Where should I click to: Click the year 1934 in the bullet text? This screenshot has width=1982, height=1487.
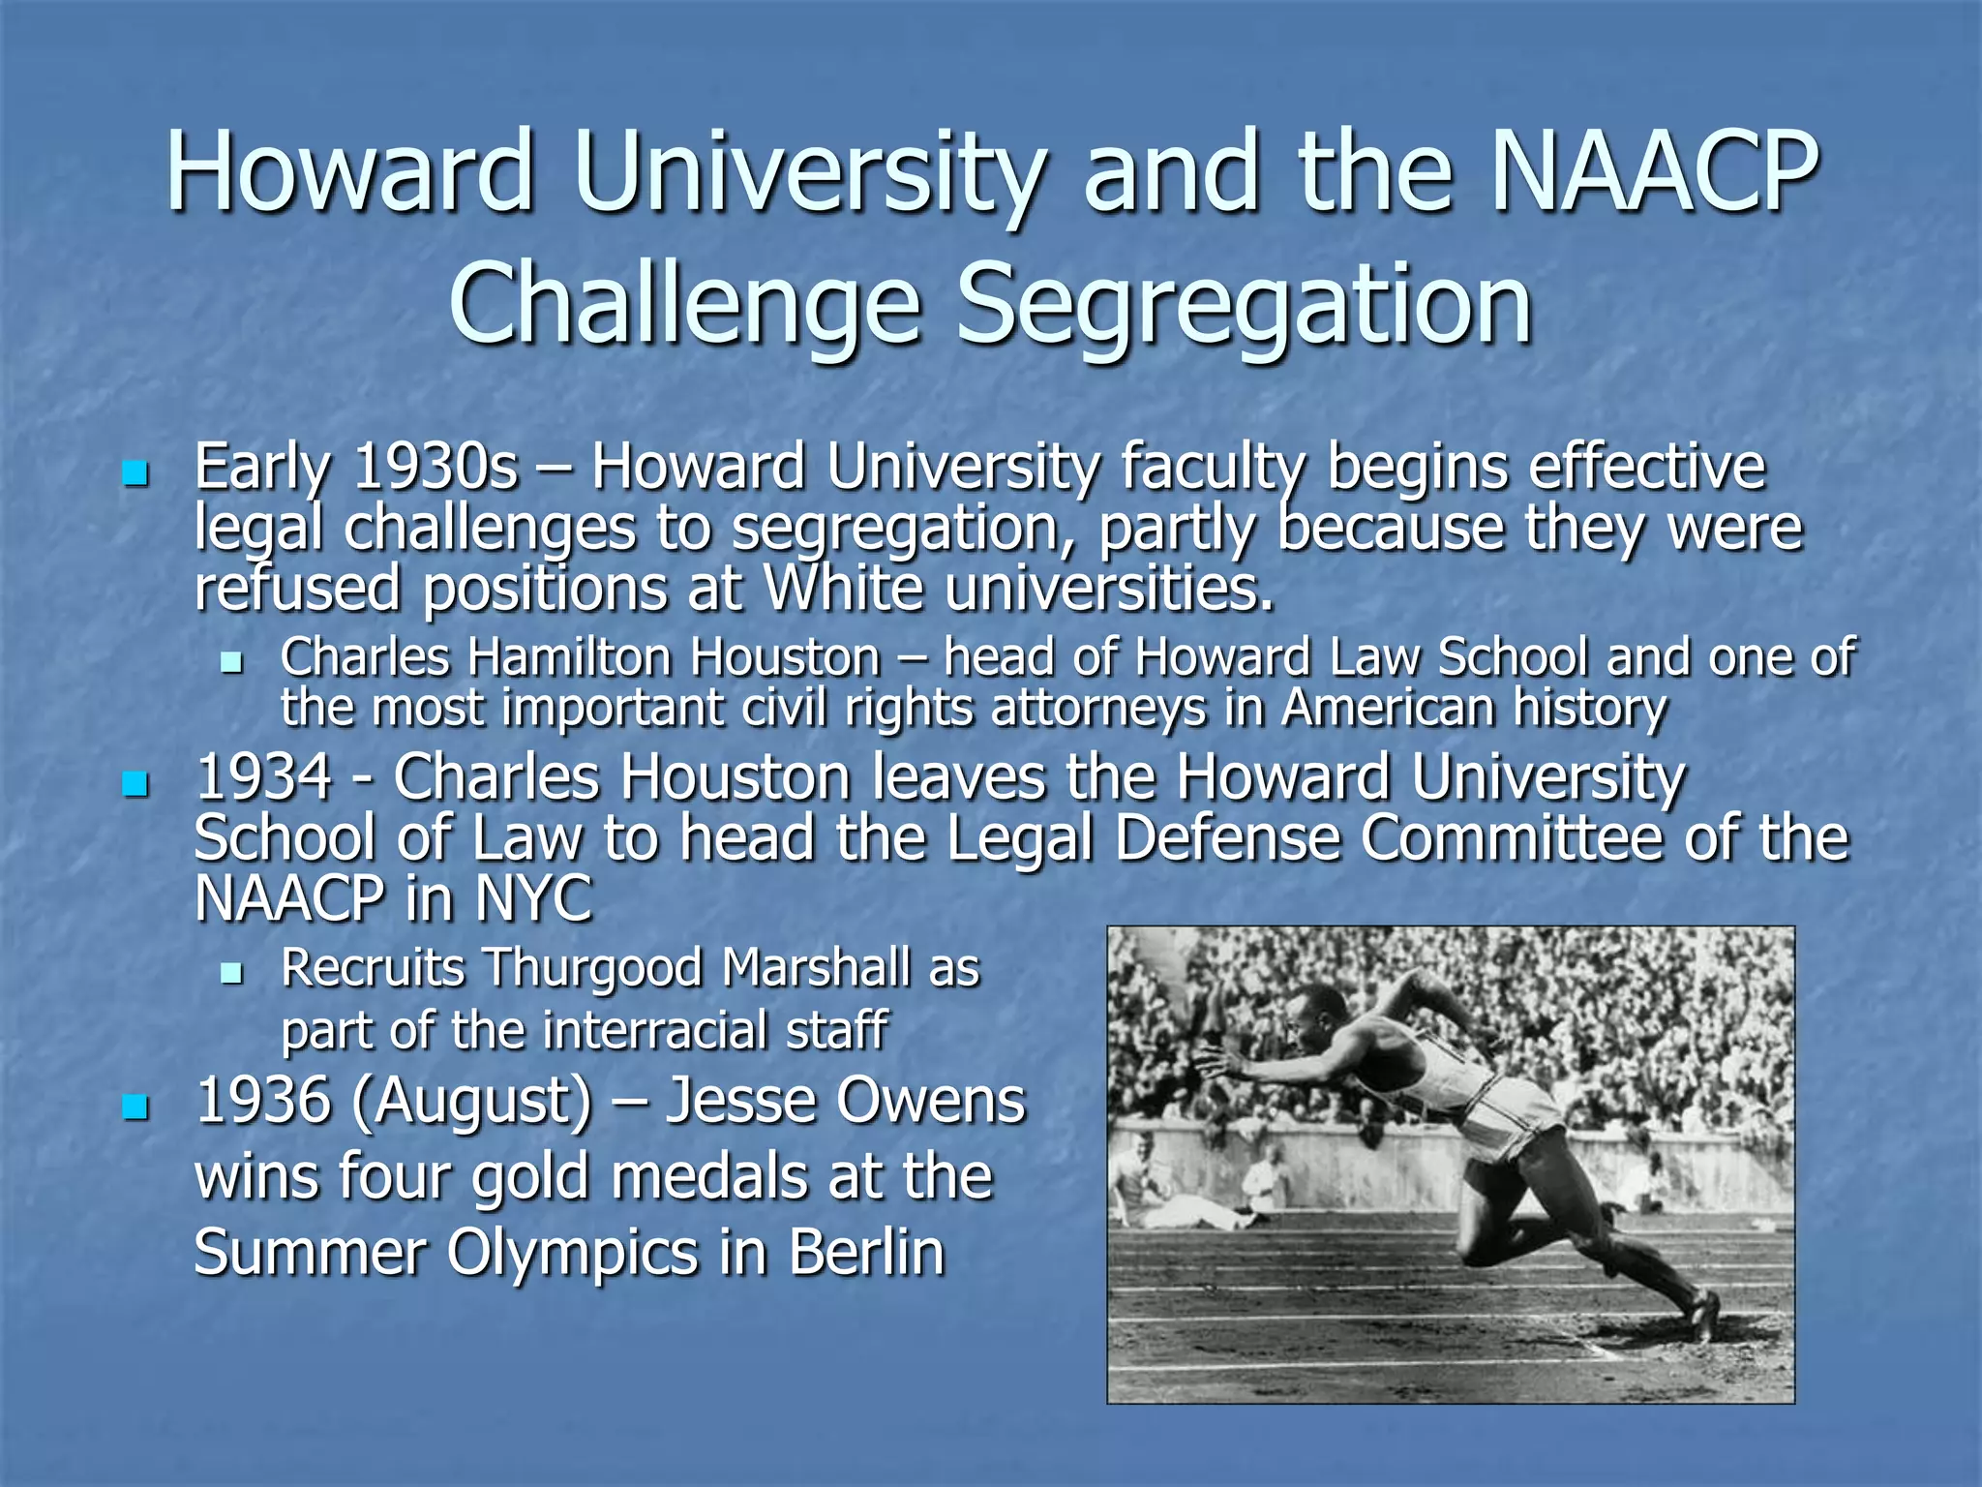pos(263,778)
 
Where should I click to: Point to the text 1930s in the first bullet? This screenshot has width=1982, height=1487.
pos(435,469)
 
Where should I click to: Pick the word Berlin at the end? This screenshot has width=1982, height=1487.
pos(866,1253)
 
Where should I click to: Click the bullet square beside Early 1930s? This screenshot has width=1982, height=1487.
pos(135,474)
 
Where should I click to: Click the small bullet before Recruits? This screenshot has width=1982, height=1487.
pos(230,972)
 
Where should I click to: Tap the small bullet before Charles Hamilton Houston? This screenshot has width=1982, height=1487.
pos(230,662)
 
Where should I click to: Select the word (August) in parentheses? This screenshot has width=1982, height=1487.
pos(471,1104)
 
